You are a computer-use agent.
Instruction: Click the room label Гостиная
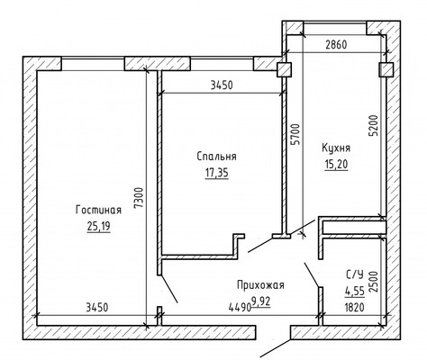(98, 210)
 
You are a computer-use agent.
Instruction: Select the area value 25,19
(98, 226)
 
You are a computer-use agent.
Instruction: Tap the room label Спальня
(216, 157)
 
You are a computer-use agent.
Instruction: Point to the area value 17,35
(216, 173)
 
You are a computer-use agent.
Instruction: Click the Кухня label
(336, 148)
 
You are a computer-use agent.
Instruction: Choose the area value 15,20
(336, 165)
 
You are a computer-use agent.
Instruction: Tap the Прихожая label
(260, 284)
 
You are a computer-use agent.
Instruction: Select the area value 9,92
(261, 301)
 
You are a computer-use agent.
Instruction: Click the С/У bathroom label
(355, 274)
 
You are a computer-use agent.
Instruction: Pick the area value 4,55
(355, 291)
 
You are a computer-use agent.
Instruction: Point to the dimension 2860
(336, 44)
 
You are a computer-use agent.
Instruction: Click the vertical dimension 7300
(139, 198)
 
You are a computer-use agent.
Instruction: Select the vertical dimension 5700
(296, 134)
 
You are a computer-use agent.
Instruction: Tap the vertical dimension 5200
(374, 126)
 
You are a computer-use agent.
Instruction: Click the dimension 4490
(240, 308)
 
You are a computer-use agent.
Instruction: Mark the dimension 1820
(355, 308)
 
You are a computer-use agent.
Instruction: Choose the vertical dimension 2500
(373, 282)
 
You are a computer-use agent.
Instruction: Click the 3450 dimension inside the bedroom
(222, 85)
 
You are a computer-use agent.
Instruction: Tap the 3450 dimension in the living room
(96, 308)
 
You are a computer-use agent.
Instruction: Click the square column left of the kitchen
(284, 70)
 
